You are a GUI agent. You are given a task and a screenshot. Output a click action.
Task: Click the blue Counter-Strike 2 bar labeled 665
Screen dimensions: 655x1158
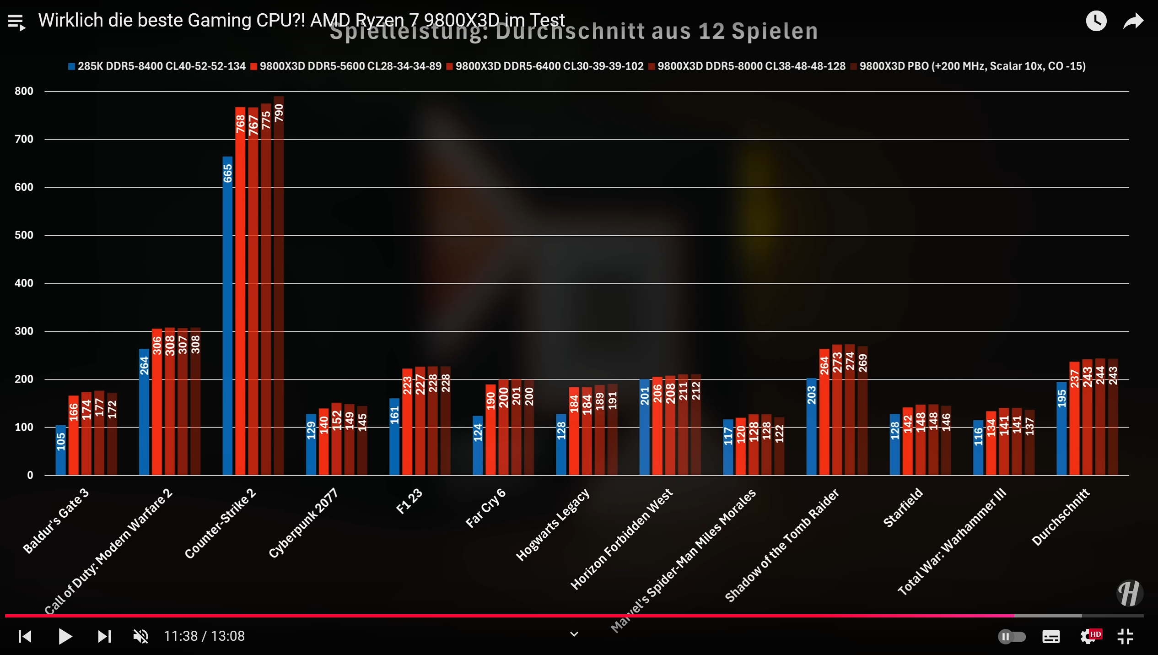[227, 316]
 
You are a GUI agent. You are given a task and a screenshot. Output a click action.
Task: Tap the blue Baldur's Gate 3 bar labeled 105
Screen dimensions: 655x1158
[61, 450]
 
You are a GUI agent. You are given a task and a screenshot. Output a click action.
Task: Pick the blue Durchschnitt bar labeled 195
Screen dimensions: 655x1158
[1061, 429]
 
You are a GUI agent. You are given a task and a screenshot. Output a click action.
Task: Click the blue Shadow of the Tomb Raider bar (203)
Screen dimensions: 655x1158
[811, 427]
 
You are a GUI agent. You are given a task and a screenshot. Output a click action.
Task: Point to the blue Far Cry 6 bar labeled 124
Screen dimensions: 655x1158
[478, 446]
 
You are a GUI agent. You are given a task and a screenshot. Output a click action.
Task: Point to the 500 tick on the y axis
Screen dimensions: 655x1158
[24, 235]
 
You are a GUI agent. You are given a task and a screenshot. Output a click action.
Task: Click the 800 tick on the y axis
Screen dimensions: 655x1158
[24, 91]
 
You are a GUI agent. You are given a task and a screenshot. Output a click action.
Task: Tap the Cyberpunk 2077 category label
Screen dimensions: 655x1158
[303, 523]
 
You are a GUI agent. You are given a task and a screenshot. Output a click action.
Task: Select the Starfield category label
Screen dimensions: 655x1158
[903, 508]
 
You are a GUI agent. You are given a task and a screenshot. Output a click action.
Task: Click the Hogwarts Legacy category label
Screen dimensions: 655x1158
[553, 525]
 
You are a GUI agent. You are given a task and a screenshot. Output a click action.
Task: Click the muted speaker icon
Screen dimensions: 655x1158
[140, 636]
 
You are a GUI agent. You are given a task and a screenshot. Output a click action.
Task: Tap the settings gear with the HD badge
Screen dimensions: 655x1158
[1089, 636]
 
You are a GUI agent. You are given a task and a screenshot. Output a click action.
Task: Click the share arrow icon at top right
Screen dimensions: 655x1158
[1133, 21]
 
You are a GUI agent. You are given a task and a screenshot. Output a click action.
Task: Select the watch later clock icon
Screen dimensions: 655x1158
[1096, 21]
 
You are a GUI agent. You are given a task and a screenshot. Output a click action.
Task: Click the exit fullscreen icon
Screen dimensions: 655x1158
[1125, 636]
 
